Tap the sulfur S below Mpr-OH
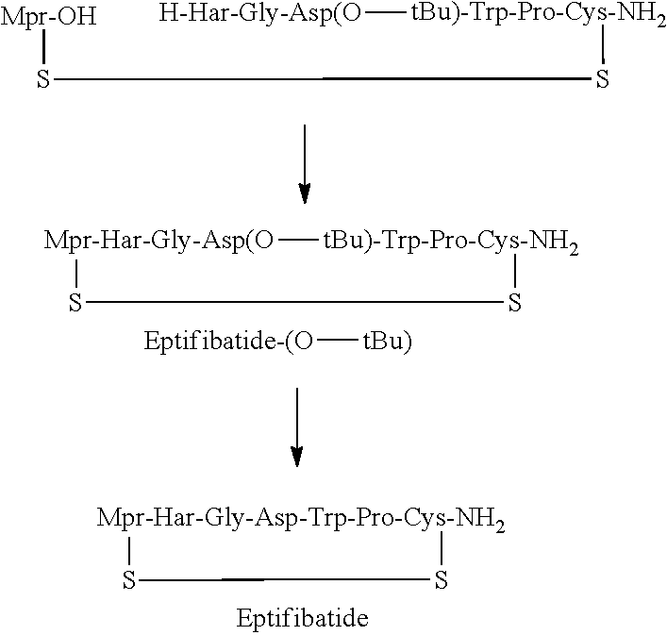pos(42,80)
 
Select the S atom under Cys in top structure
pos(602,80)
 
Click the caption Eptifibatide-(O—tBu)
pos(278,343)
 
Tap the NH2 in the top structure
pos(636,18)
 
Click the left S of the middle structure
pos(75,303)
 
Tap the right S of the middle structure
pos(514,303)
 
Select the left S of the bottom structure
pos(128,578)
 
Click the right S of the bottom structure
pos(440,578)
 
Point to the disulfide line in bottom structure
pos(283,578)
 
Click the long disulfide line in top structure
pos(321,80)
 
